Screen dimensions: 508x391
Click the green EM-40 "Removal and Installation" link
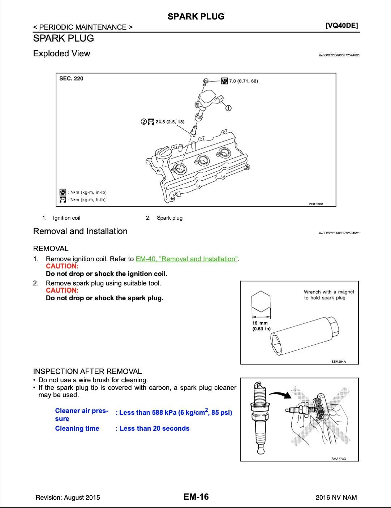186,259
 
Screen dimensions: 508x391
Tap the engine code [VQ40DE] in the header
341,26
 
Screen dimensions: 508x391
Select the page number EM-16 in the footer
196,497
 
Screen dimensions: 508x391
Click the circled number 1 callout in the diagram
228,108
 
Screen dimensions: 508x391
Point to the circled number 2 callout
144,122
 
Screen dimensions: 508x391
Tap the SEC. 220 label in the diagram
71,79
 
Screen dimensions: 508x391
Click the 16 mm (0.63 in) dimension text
261,326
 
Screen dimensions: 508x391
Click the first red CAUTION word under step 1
62,266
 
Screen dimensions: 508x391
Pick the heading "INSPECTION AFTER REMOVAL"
87,371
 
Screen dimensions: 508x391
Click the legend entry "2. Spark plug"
164,218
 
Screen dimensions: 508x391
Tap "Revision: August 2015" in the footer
68,498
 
